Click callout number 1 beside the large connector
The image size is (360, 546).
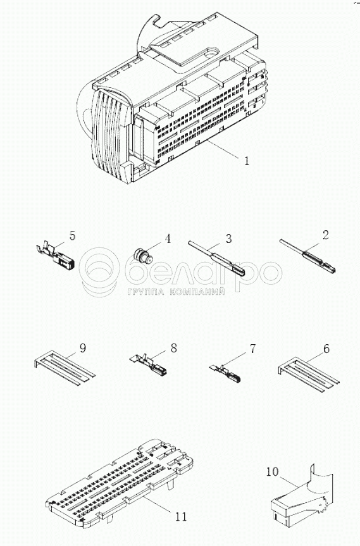coord(247,161)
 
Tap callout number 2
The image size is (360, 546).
coord(325,235)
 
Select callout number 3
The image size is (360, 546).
coord(228,239)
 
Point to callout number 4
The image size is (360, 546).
coord(168,239)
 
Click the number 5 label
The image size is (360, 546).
coord(72,235)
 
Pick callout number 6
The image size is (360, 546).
coord(326,349)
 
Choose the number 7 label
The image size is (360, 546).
coord(252,348)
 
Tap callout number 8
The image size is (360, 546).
coord(173,347)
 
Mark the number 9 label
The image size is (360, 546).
coord(82,348)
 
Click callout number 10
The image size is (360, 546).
coord(273,472)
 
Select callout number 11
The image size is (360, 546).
coord(181,516)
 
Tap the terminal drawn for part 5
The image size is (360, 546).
coord(56,257)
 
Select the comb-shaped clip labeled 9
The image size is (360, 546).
coord(65,369)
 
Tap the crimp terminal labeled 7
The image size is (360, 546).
coord(226,373)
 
